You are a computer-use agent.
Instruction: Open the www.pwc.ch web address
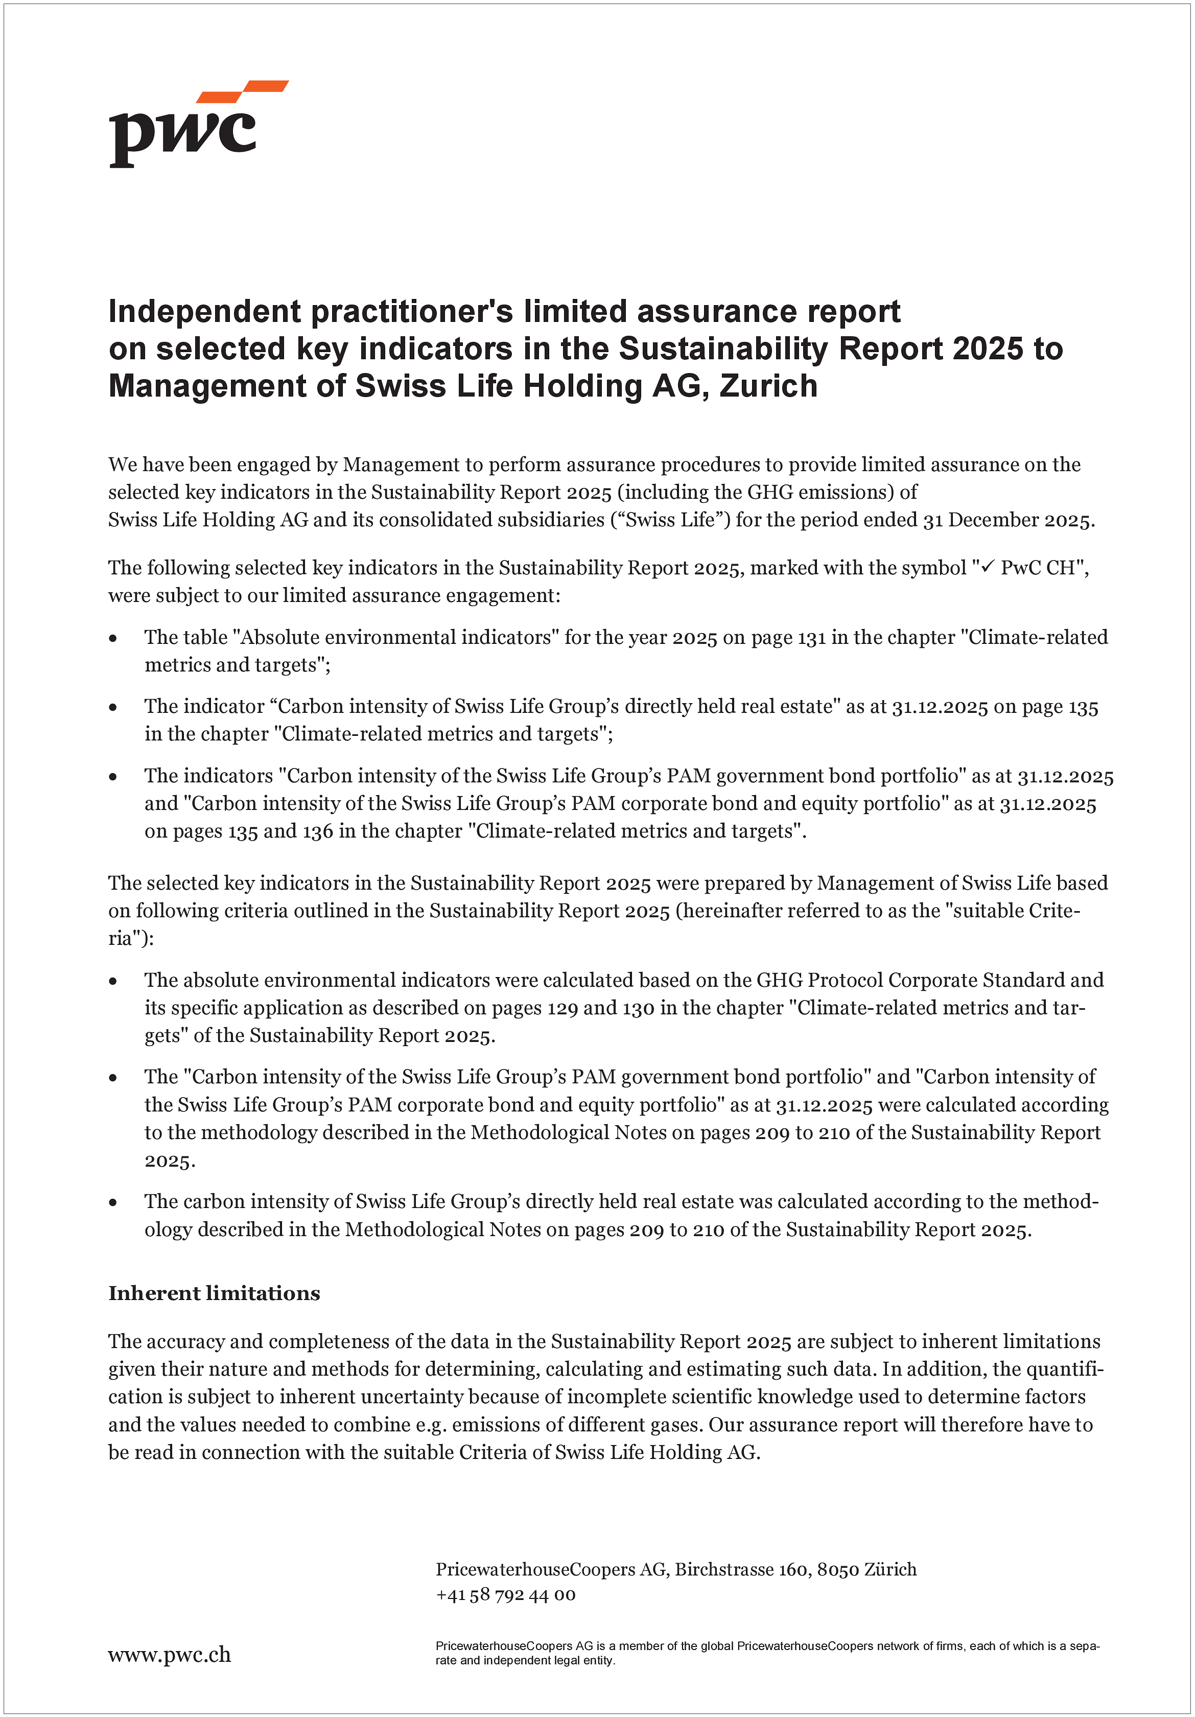coord(170,1654)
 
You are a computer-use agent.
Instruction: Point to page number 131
coord(811,637)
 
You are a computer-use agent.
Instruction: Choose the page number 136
coord(318,831)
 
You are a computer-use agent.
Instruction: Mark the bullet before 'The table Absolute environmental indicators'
coord(113,638)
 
